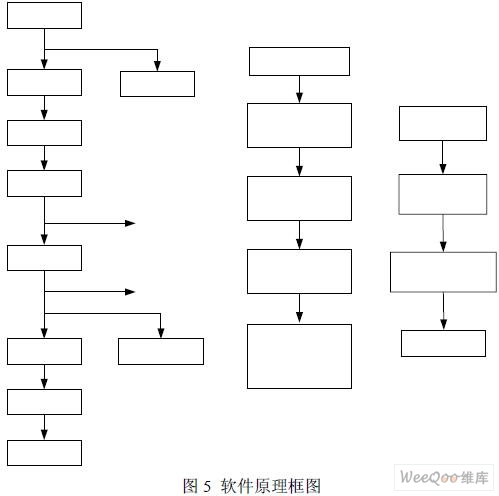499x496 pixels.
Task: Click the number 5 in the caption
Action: [x=207, y=486]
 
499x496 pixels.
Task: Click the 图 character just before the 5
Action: [x=191, y=486]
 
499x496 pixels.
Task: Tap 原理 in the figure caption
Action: [x=270, y=486]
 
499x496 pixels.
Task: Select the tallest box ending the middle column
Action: [x=299, y=356]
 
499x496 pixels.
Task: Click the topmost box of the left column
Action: [x=44, y=15]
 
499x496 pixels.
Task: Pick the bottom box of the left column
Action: [x=44, y=453]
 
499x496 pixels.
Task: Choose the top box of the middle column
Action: [x=299, y=61]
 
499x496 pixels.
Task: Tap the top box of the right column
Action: [x=443, y=123]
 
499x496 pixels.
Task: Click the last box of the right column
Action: [x=443, y=343]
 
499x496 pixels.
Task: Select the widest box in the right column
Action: [x=443, y=272]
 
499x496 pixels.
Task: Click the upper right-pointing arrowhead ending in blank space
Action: [x=130, y=223]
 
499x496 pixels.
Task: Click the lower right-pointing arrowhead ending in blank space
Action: [x=130, y=292]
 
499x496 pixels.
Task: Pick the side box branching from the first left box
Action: [x=157, y=84]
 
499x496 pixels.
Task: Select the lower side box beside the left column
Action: [x=161, y=351]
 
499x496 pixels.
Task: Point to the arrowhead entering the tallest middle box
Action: [x=299, y=317]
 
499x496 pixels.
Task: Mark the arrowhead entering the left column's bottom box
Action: [x=44, y=435]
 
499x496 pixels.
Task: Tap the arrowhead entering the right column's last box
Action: [x=443, y=324]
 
